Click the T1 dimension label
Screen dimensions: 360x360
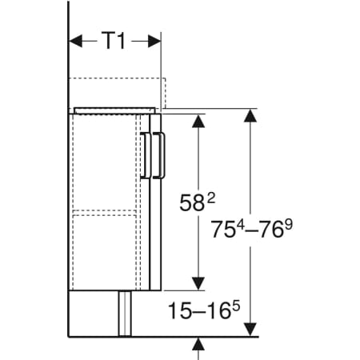(x=114, y=41)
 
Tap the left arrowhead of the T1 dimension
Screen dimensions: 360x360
(x=75, y=41)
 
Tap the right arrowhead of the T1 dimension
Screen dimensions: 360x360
(x=154, y=41)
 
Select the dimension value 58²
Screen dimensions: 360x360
(x=197, y=202)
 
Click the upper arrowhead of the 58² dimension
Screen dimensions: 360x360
(x=198, y=121)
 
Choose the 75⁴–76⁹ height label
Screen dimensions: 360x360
(x=252, y=229)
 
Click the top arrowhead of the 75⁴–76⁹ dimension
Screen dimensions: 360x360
(x=250, y=115)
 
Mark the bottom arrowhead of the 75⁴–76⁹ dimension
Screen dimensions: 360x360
(x=250, y=330)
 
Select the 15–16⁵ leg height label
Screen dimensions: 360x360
(x=204, y=310)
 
